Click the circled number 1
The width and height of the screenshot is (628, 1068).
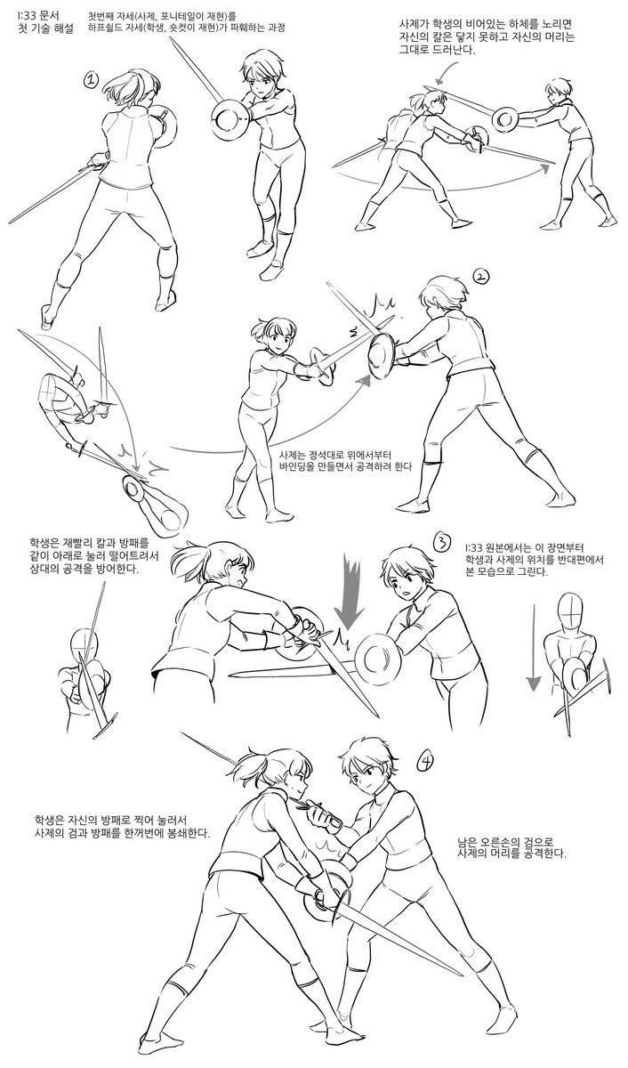(x=91, y=79)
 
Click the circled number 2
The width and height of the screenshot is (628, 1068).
(x=481, y=276)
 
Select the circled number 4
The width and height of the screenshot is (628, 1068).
(x=425, y=763)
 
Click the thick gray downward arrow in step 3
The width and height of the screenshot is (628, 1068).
(x=351, y=591)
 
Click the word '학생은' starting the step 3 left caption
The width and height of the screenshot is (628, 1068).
(x=44, y=543)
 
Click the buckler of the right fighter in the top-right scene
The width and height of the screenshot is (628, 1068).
(x=505, y=118)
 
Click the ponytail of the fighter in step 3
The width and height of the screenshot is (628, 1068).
(x=189, y=562)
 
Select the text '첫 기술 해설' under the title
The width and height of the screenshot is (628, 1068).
(x=45, y=29)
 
